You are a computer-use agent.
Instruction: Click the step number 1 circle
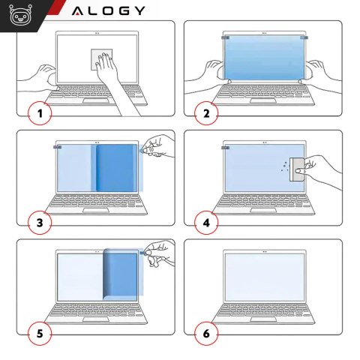coord(40,114)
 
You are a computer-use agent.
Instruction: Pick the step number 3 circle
coord(40,223)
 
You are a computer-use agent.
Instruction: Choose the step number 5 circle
coord(40,332)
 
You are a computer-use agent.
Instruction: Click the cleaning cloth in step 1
coord(103,59)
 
